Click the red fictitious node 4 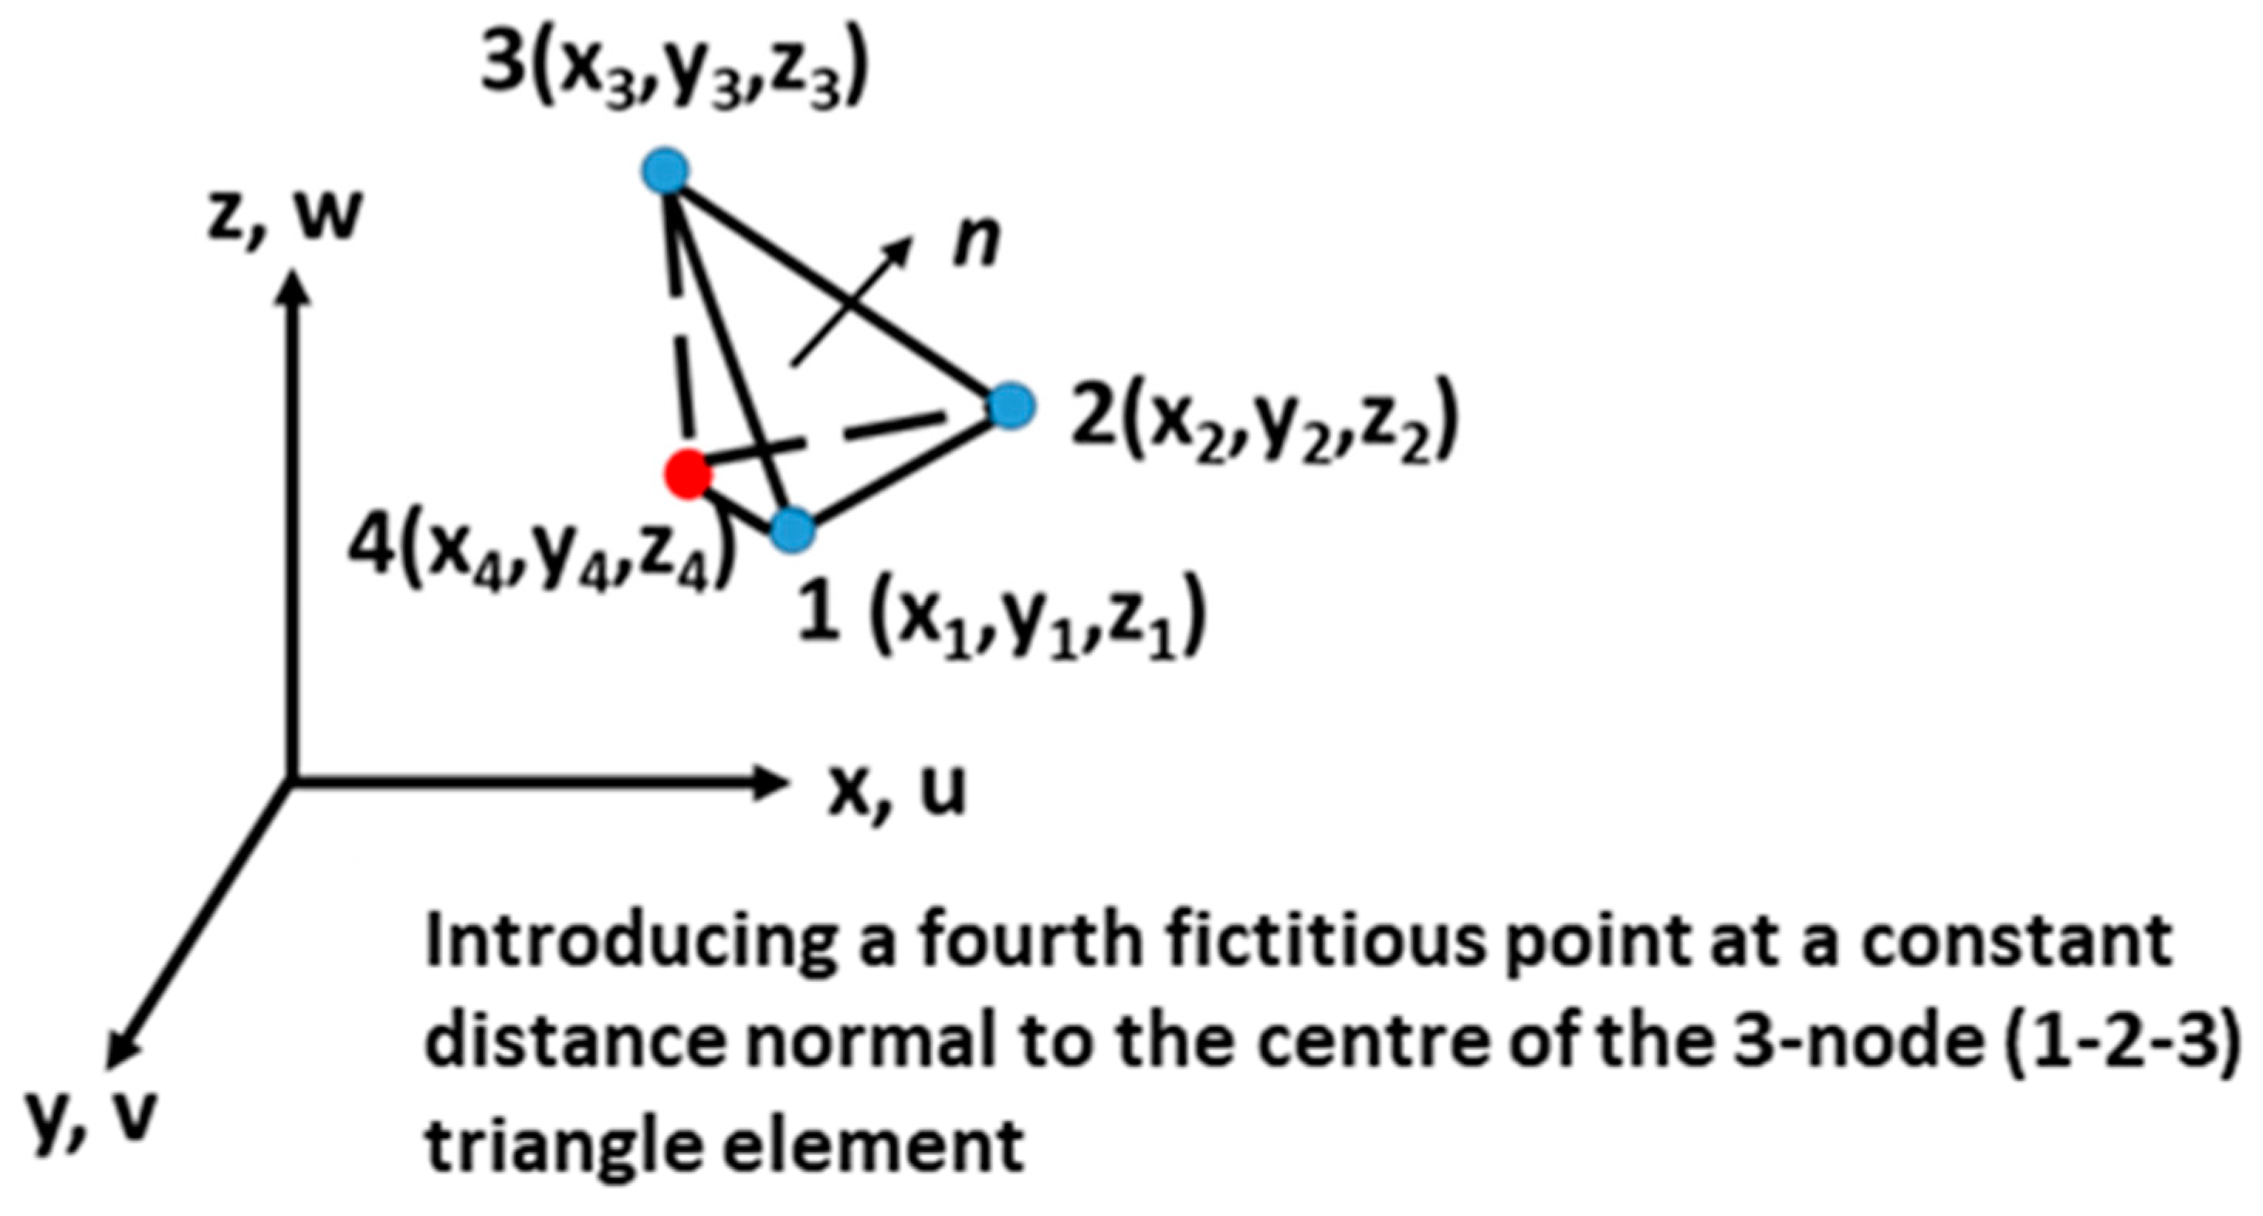coord(687,475)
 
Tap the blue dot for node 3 coord(666,171)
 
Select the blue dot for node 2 coord(1011,407)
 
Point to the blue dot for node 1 coord(792,530)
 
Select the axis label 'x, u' coord(896,789)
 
